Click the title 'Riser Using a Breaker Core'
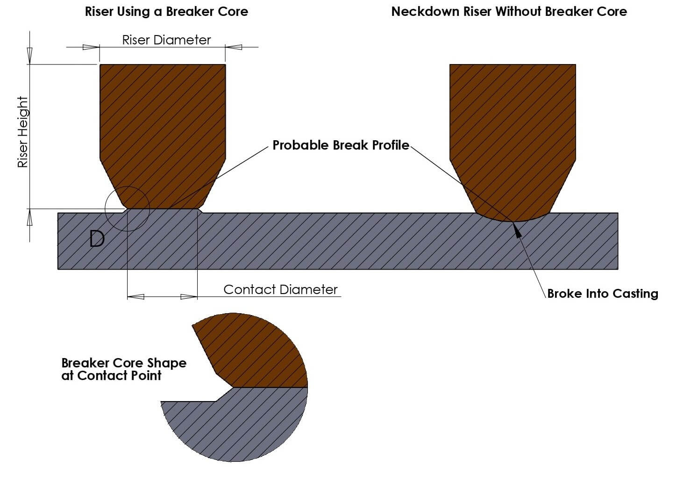tap(166, 12)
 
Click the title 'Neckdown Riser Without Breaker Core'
tap(509, 12)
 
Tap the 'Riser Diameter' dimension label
tap(166, 40)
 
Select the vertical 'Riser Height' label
tap(23, 132)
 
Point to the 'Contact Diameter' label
tap(280, 289)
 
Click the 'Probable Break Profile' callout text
tap(341, 145)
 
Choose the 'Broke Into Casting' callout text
tap(602, 294)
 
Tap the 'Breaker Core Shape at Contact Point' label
tap(123, 369)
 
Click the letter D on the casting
tap(97, 239)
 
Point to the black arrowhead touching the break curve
tap(517, 230)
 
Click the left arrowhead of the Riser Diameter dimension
tap(91, 47)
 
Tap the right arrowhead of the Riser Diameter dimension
tap(234, 47)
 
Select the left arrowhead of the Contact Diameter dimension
tap(135, 297)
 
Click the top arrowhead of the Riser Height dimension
tap(30, 56)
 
